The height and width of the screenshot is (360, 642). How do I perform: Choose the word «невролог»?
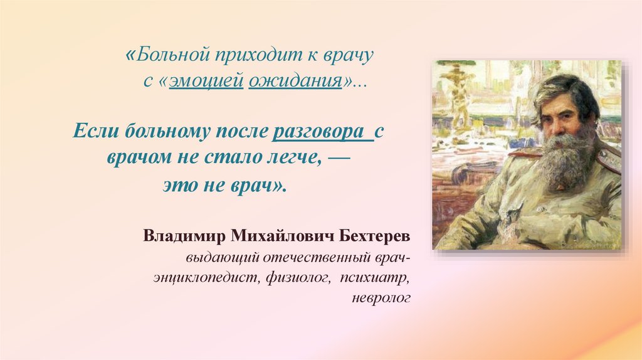pyautogui.click(x=381, y=297)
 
